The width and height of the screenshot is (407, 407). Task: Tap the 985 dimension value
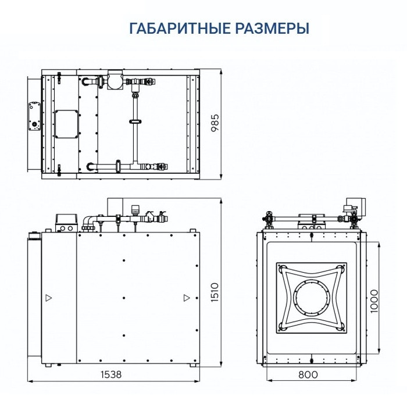pyautogui.click(x=215, y=123)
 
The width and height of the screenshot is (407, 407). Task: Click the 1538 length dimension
pyautogui.click(x=110, y=375)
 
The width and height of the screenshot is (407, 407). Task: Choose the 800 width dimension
pyautogui.click(x=308, y=375)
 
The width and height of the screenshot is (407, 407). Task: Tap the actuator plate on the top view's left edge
pyautogui.click(x=32, y=117)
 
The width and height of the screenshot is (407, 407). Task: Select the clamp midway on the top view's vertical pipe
pyautogui.click(x=135, y=122)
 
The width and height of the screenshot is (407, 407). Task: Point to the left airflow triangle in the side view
pyautogui.click(x=48, y=298)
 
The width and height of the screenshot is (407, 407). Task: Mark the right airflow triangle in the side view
pyautogui.click(x=186, y=298)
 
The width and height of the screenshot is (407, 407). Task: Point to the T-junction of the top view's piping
pyautogui.click(x=135, y=165)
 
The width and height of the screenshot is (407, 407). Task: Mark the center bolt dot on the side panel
pyautogui.click(x=124, y=298)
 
